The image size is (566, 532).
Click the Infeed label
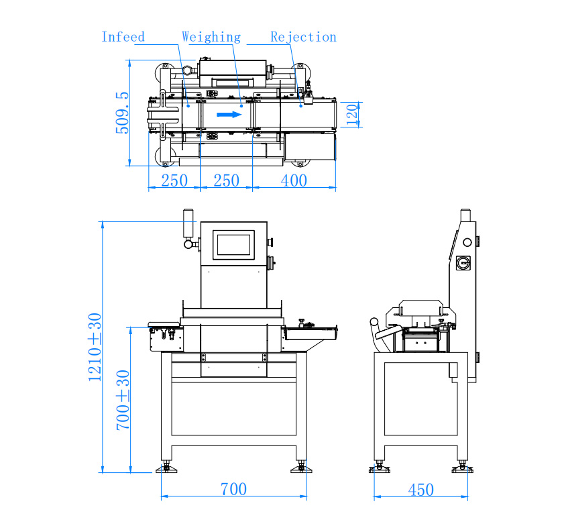tap(123, 37)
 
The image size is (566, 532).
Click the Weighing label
tap(211, 37)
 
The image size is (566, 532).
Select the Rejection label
tap(303, 37)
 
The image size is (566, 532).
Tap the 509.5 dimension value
tap(122, 113)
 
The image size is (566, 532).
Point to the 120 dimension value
tap(352, 114)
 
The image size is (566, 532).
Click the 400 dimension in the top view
tap(294, 180)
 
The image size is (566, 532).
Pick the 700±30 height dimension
tap(123, 400)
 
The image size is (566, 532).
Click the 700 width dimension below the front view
tap(233, 489)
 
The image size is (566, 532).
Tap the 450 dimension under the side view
tap(420, 490)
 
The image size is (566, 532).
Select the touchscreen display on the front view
tap(234, 244)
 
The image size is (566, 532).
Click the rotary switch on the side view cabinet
tap(463, 260)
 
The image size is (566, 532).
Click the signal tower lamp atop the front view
tap(188, 223)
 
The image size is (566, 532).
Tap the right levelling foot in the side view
tap(461, 468)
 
